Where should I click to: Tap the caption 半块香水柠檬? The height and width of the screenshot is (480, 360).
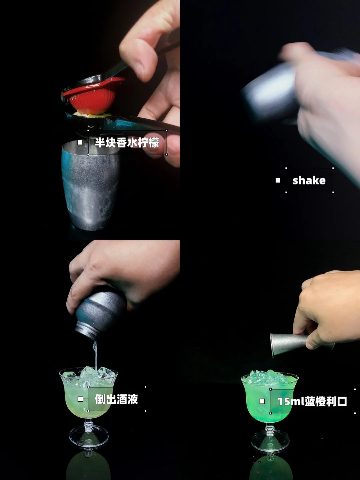pyautogui.click(x=127, y=142)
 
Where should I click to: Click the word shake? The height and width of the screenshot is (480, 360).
pyautogui.click(x=309, y=180)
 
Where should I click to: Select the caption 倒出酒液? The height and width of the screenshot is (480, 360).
pyautogui.click(x=116, y=399)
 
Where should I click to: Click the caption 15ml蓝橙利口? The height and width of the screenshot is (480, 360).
pyautogui.click(x=312, y=402)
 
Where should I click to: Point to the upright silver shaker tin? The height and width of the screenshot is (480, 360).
pyautogui.click(x=91, y=185)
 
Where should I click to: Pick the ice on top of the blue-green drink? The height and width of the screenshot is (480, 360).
pyautogui.click(x=269, y=376)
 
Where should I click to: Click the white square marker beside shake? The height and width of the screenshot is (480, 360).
pyautogui.click(x=278, y=180)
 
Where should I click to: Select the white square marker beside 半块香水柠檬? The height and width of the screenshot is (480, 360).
pyautogui.click(x=80, y=142)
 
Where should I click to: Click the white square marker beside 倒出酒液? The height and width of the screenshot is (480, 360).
pyautogui.click(x=80, y=399)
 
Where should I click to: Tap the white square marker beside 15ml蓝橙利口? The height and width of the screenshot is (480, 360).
pyautogui.click(x=262, y=401)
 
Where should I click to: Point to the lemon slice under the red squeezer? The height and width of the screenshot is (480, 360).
pyautogui.click(x=92, y=114)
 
